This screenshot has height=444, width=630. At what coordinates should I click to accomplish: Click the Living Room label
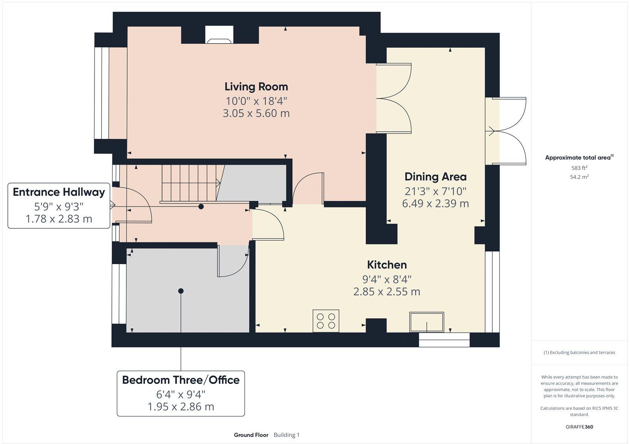click(x=256, y=87)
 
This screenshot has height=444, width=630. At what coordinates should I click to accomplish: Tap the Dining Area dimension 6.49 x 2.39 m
click(x=435, y=203)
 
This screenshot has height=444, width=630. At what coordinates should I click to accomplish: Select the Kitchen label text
click(x=387, y=265)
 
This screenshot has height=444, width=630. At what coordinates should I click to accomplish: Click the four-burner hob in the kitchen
click(x=326, y=321)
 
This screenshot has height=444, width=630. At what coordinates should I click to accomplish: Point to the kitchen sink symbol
click(x=427, y=322)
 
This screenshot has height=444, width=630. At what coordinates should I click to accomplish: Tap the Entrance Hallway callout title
click(x=59, y=192)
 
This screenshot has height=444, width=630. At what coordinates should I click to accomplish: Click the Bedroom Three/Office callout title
click(x=181, y=380)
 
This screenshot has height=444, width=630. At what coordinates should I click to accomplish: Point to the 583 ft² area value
click(x=579, y=168)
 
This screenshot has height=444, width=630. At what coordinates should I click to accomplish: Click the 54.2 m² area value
click(x=579, y=177)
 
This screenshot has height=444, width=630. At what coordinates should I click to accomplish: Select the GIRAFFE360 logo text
click(x=579, y=427)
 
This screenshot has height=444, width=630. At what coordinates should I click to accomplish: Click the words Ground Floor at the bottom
click(x=251, y=435)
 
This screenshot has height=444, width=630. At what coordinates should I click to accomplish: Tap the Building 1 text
click(x=287, y=435)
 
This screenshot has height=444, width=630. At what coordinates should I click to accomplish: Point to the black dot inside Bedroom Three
click(x=181, y=291)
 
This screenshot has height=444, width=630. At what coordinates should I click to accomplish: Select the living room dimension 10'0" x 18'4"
click(x=256, y=100)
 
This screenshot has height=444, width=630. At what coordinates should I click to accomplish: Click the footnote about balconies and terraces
click(x=579, y=353)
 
